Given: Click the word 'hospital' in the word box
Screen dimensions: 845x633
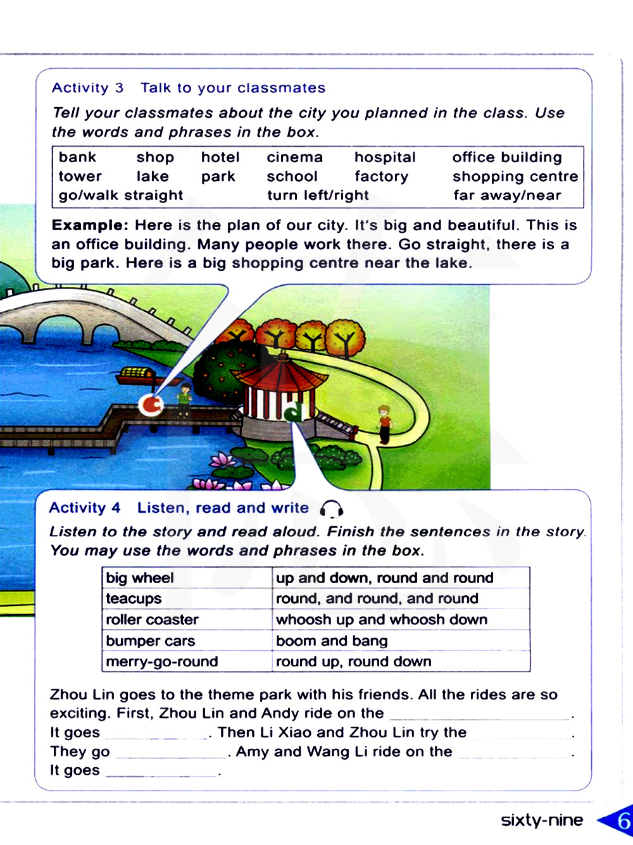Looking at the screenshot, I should click(x=385, y=157).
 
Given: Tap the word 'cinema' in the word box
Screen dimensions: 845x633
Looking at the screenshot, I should click(x=294, y=157).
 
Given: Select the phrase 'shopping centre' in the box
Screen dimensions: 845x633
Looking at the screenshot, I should click(x=515, y=176).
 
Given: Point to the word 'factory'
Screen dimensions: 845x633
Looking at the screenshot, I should click(x=381, y=176).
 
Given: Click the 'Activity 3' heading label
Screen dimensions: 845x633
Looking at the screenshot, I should click(x=87, y=88).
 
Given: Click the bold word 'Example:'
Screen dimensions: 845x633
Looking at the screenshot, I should click(x=90, y=225).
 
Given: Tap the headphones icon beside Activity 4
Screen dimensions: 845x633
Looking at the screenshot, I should click(x=331, y=509).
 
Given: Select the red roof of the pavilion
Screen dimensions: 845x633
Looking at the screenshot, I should click(x=281, y=374).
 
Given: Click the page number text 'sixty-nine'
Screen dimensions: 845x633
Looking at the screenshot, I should click(x=542, y=820).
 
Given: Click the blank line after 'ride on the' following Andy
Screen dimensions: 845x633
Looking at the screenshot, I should click(x=480, y=715).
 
